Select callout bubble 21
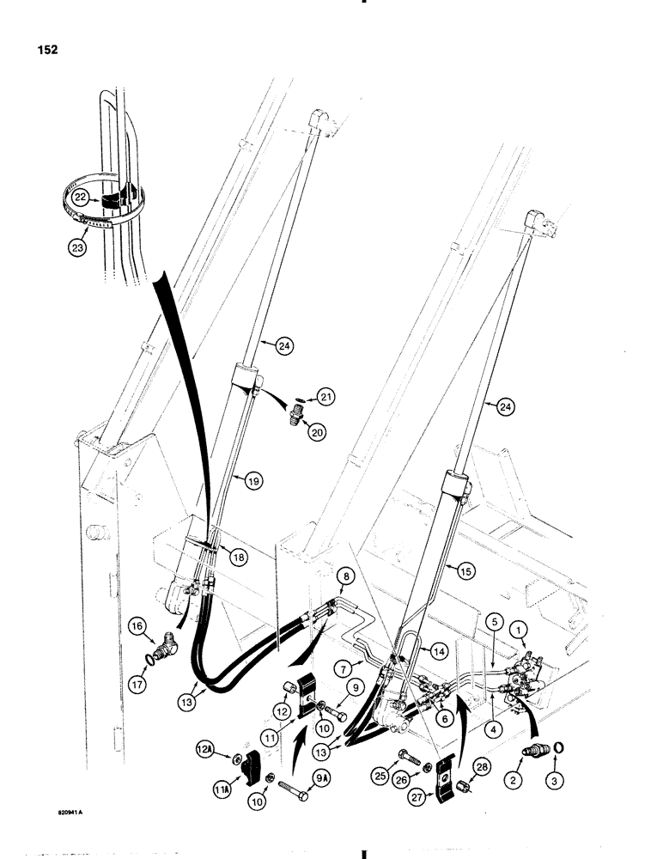pos(325,397)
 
